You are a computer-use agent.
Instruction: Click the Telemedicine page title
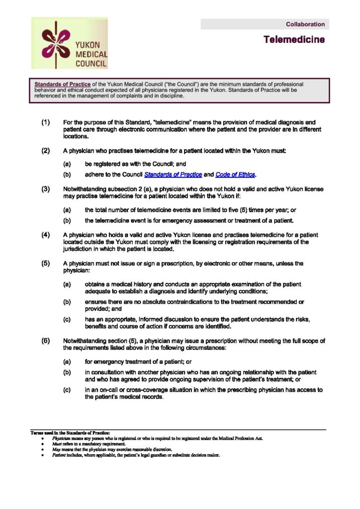[294, 39]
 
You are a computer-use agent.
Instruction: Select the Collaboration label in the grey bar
[305, 24]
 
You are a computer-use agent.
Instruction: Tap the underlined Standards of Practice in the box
[55, 85]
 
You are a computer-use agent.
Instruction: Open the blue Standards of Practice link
[173, 174]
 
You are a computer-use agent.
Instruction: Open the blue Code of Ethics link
[235, 174]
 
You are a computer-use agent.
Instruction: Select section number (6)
[46, 340]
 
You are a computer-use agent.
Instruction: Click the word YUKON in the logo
[88, 45]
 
